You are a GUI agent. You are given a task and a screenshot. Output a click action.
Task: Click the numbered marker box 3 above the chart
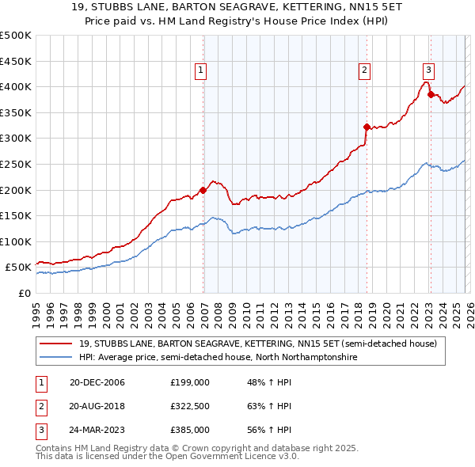point(428,69)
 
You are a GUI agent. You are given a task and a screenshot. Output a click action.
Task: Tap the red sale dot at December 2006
point(203,190)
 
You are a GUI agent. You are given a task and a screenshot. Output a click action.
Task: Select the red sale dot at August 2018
point(366,126)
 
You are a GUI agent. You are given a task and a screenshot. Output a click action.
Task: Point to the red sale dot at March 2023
point(431,94)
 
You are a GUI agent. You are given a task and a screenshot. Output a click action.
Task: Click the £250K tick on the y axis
point(16,164)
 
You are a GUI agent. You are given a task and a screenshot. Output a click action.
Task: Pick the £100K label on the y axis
point(16,241)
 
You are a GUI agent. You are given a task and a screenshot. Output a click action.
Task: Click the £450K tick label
point(16,61)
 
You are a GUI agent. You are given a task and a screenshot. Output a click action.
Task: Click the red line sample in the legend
point(55,344)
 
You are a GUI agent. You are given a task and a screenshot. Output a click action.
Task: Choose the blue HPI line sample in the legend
point(55,357)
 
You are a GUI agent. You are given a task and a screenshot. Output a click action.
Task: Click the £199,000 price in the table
point(189,382)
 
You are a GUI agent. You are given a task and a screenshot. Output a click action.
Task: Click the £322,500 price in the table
point(189,406)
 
